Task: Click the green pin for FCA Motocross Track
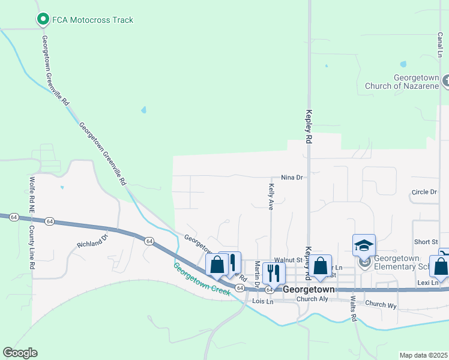pyautogui.click(x=43, y=20)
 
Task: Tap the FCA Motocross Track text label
pyautogui.click(x=92, y=20)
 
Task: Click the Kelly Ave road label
pyautogui.click(x=270, y=197)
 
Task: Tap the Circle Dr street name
pyautogui.click(x=424, y=192)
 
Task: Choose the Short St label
pyautogui.click(x=426, y=242)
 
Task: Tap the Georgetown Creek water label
pyautogui.click(x=202, y=279)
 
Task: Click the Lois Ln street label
pyautogui.click(x=263, y=301)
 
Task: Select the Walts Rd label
pyautogui.click(x=354, y=308)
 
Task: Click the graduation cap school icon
pyautogui.click(x=364, y=246)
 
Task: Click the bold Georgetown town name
pyautogui.click(x=308, y=289)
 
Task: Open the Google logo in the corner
pyautogui.click(x=20, y=353)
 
